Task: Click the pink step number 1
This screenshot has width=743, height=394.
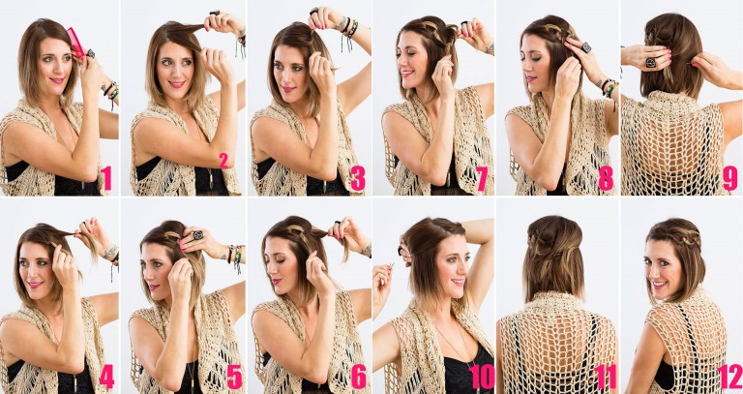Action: (x=106, y=178)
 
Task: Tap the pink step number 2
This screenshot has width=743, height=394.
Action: (x=223, y=161)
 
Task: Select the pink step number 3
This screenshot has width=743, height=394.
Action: (x=357, y=178)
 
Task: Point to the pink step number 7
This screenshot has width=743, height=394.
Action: (x=481, y=178)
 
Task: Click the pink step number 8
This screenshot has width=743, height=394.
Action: (x=606, y=178)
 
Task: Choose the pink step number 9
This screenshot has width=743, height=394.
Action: (x=729, y=178)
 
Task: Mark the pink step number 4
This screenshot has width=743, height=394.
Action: (x=106, y=376)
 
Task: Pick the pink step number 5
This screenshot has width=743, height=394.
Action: (x=232, y=376)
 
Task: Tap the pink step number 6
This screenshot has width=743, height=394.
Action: (x=357, y=376)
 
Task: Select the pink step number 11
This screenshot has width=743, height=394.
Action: (x=605, y=376)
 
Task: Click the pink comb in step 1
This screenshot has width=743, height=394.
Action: (x=75, y=42)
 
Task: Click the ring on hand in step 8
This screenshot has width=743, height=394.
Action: (x=585, y=45)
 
